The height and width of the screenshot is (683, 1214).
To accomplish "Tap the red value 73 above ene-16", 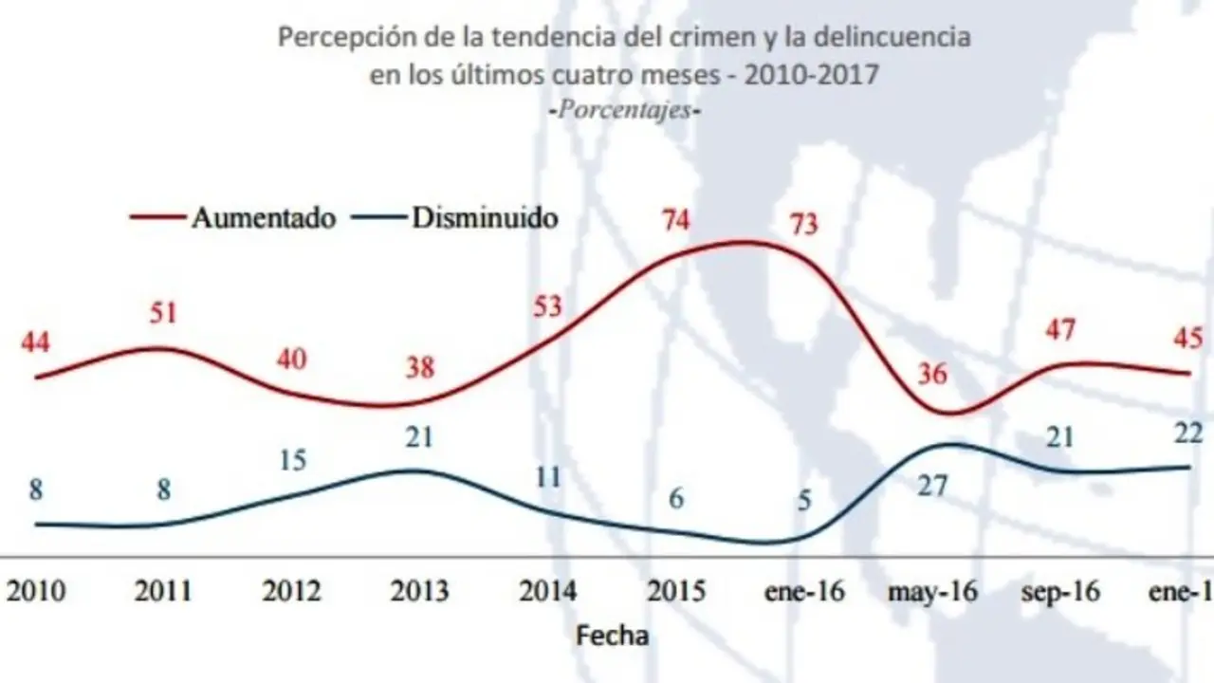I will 802,226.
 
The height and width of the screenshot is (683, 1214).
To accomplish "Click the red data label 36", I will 932,374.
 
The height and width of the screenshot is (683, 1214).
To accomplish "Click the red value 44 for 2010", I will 36,341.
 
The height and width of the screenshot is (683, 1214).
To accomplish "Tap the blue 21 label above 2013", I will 418,436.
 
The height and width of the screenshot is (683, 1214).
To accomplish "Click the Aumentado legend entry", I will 264,217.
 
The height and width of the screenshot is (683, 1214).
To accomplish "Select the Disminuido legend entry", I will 485,217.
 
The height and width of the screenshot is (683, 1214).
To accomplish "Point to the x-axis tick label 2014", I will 547,591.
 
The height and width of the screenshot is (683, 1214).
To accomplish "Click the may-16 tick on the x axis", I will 932,591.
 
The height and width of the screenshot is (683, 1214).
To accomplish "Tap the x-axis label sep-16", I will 1060,591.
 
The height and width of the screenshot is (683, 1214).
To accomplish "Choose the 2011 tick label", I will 163,591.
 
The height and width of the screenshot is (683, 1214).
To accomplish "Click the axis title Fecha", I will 612,635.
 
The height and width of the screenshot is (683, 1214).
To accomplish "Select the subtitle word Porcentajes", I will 625,108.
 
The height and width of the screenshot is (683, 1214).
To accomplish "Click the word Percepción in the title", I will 333,39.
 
